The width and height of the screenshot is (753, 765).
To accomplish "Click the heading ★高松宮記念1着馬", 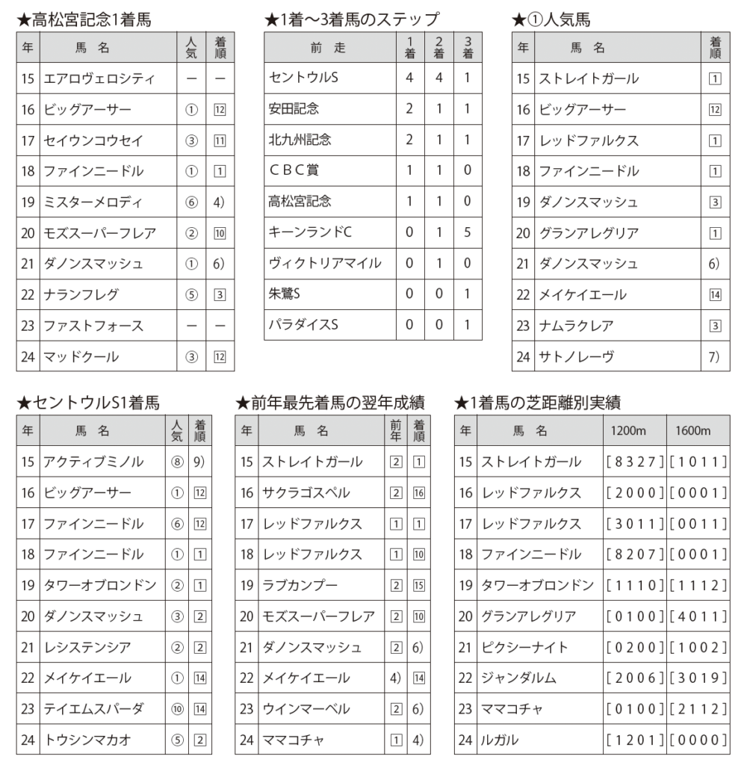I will tap(84, 20).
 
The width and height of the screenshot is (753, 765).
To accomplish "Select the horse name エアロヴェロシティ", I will tap(99, 78).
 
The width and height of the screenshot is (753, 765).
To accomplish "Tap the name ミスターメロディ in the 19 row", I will tap(93, 202).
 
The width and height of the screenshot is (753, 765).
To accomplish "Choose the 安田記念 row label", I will tap(294, 109).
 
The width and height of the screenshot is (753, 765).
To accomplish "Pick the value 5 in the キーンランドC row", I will tap(468, 232).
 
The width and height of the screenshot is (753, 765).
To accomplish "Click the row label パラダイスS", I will tap(303, 325).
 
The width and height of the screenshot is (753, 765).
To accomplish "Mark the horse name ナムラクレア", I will tap(576, 326).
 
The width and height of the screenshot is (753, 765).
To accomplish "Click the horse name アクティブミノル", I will tap(93, 462).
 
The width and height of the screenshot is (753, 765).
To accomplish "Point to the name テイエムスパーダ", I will tap(93, 708).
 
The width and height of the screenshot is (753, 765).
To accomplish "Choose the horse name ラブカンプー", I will tap(300, 585).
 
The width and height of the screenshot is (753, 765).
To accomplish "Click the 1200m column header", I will tap(629, 431).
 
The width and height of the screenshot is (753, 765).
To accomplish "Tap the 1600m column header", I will tap(693, 431).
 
